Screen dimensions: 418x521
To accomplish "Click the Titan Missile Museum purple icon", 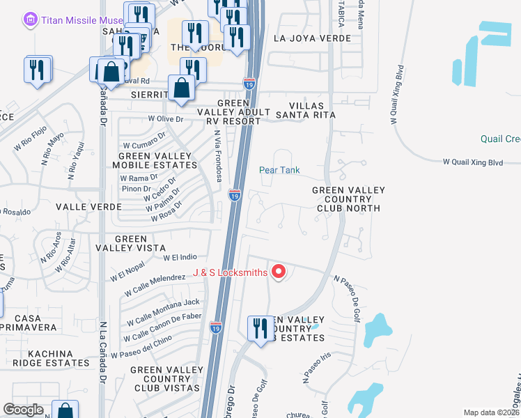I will [30, 21].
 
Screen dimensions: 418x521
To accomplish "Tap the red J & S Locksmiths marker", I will [279, 272].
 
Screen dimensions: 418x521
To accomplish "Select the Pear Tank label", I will [279, 170].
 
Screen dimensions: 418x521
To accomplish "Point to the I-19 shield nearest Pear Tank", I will [235, 196].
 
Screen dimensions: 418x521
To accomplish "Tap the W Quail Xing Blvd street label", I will [472, 162].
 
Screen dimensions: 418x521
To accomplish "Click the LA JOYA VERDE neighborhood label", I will [312, 38].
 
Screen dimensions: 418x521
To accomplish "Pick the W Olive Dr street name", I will [165, 119].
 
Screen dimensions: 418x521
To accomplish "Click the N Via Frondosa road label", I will [218, 156].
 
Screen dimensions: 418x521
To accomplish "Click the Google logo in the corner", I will [24, 410].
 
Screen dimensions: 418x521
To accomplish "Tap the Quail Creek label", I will [500, 139].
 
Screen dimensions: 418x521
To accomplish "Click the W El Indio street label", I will [180, 257].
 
